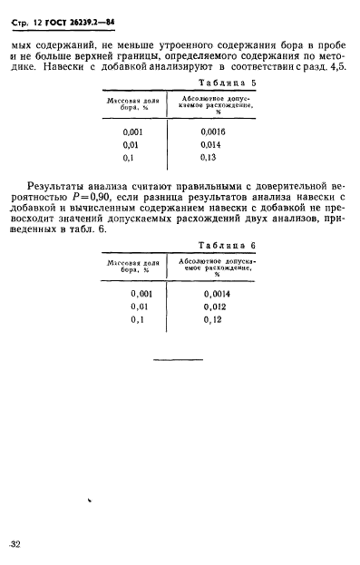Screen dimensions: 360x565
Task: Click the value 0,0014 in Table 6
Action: [219, 294]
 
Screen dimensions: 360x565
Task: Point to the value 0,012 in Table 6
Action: [217, 307]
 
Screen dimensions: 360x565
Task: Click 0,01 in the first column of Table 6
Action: [140, 307]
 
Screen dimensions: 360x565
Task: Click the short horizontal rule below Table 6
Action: [177, 361]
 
